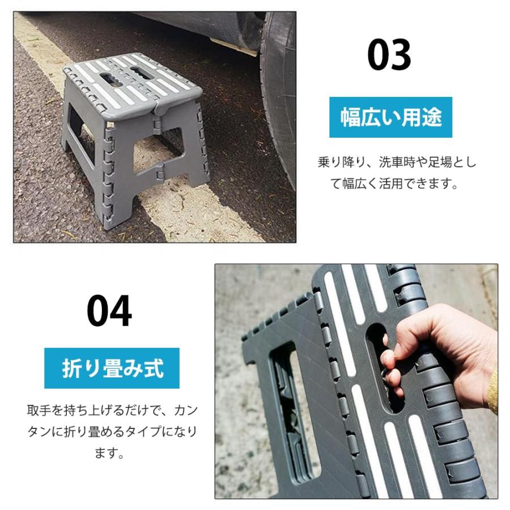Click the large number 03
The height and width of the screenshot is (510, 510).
coord(389,55)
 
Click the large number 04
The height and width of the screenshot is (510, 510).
coord(109,311)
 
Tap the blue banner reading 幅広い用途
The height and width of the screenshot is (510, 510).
coord(390,117)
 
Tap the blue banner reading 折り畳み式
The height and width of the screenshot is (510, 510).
coord(112,368)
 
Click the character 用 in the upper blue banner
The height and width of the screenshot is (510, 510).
coord(411,117)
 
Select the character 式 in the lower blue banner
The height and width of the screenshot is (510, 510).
coord(154,368)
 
